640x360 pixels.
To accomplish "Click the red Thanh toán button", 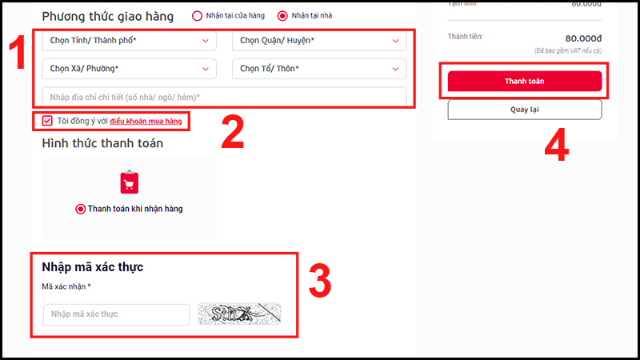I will (x=524, y=82).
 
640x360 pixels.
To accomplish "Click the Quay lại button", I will (x=524, y=110).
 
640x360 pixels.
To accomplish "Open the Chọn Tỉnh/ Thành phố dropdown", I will (x=129, y=41).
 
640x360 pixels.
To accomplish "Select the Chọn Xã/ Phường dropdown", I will (x=129, y=69).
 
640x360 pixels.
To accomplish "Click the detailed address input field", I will (x=224, y=97).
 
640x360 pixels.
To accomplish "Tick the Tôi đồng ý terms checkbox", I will (x=47, y=122).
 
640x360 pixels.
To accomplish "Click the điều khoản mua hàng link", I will (x=146, y=122).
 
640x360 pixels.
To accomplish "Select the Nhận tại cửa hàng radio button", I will (x=198, y=16).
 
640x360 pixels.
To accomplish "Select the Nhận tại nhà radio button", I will (x=282, y=16).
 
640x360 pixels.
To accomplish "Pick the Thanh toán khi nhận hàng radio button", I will (x=80, y=209).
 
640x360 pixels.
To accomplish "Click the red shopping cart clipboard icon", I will (x=130, y=182).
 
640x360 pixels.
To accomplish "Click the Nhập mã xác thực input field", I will (x=116, y=314).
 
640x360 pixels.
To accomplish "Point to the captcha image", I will (x=239, y=314).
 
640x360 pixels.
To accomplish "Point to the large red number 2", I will (x=232, y=134).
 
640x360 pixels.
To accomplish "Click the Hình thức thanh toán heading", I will (x=102, y=143).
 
